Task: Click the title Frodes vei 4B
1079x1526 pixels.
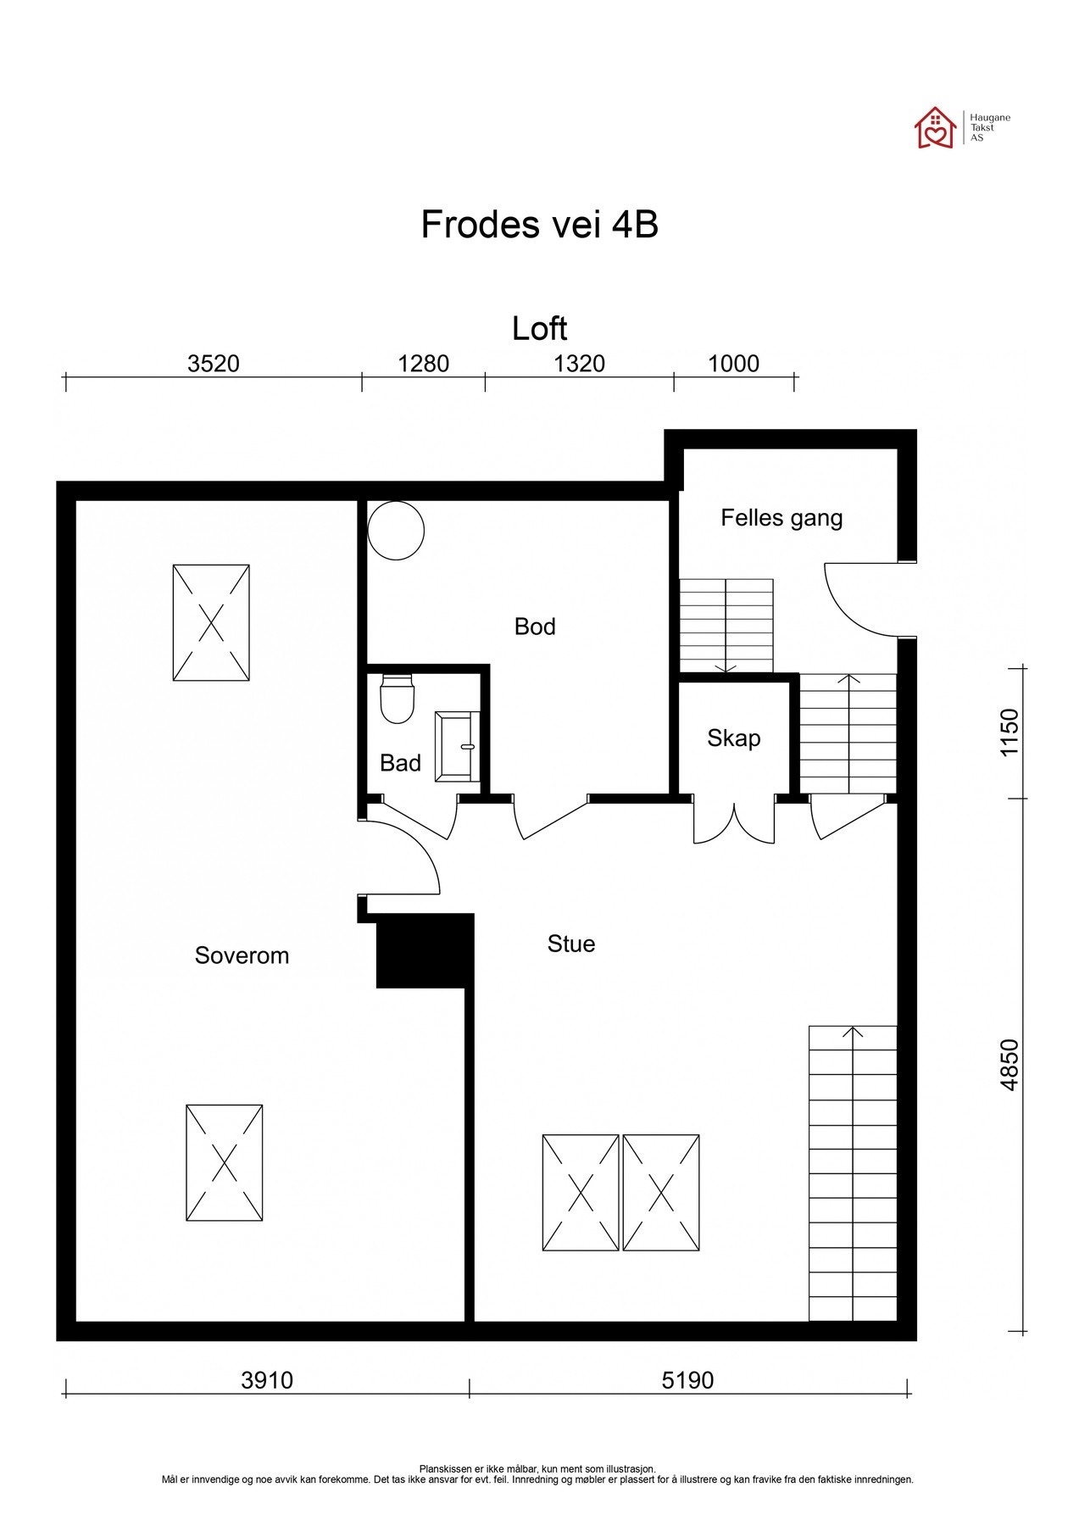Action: coord(539,226)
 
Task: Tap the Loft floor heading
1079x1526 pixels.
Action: coord(539,329)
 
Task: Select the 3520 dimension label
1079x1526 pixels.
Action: coord(213,364)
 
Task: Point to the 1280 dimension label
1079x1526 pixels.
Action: coord(423,364)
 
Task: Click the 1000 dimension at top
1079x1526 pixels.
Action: coord(733,364)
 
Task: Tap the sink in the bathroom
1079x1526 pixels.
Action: coord(457,746)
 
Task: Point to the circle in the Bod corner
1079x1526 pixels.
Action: coord(395,532)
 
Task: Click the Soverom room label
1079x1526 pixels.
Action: coord(242,955)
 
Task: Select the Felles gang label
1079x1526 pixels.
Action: coord(781,518)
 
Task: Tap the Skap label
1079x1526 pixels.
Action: coord(733,738)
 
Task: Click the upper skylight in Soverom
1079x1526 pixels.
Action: coord(211,622)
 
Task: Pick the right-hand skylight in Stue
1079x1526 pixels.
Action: coord(661,1192)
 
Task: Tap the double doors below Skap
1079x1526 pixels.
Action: coord(734,821)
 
